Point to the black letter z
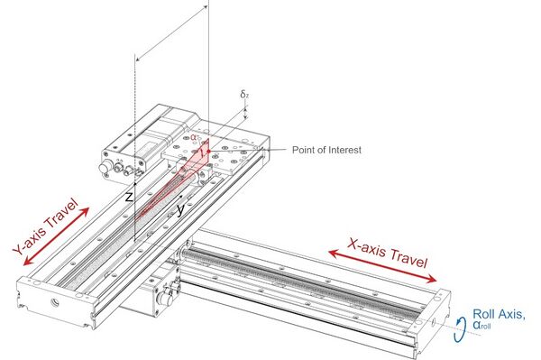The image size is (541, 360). (x=129, y=196)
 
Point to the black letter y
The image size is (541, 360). (x=181, y=209)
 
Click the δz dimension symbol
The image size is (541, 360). (x=244, y=95)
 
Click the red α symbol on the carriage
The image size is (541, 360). (x=195, y=138)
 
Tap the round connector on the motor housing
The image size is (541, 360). (x=115, y=168)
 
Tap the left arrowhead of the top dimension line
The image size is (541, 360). (x=138, y=57)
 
